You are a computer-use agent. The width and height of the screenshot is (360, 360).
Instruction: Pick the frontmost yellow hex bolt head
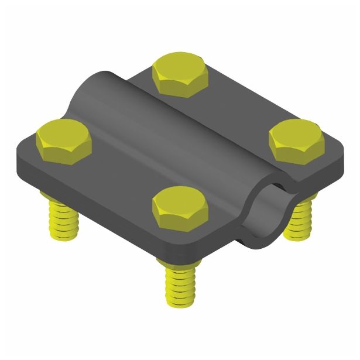point(180,207)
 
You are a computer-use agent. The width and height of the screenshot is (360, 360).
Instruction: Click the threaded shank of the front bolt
point(180,281)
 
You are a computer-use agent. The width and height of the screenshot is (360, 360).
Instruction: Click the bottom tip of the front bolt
point(180,304)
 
